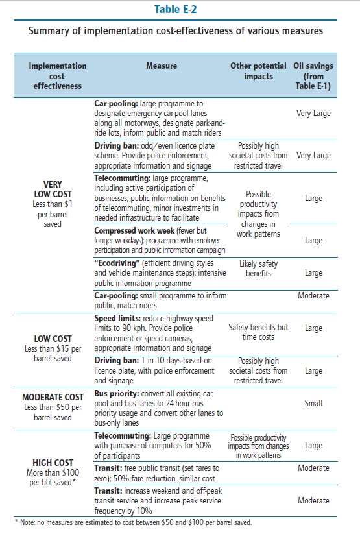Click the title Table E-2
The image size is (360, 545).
[176, 9]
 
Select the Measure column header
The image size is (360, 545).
[162, 66]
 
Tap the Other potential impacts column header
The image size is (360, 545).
[258, 71]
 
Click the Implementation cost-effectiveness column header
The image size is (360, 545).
[57, 76]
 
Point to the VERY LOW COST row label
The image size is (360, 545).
[53, 189]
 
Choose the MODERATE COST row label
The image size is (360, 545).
[53, 397]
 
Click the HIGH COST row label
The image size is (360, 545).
[53, 463]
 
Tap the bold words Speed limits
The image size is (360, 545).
[117, 319]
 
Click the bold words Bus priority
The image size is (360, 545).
[116, 394]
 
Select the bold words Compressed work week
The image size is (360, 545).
[134, 231]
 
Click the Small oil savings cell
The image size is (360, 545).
[313, 403]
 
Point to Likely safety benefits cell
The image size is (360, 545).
[258, 269]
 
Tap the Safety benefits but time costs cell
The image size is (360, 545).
[258, 332]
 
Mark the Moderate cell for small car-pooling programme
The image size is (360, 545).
[313, 295]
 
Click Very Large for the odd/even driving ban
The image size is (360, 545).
[313, 155]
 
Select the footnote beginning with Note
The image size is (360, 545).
[133, 522]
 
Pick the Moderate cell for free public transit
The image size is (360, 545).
[313, 468]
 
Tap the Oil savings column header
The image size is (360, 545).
[313, 76]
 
